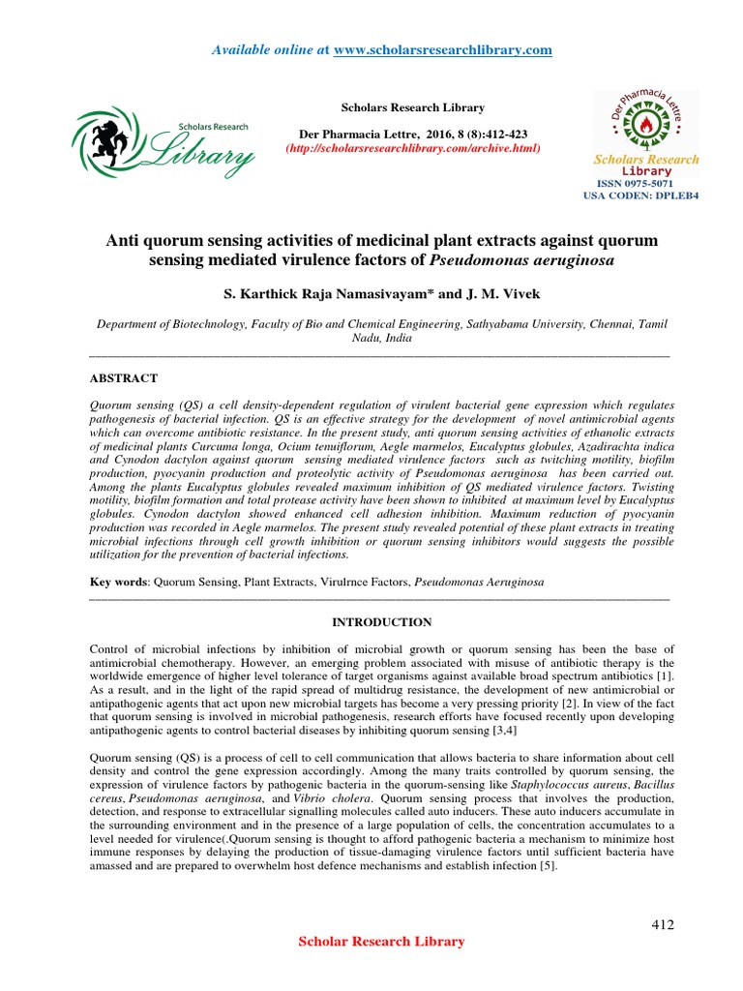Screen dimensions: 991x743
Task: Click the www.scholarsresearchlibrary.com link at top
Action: (442, 49)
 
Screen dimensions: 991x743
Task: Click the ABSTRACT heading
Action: (123, 377)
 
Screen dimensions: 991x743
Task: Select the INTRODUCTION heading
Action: (382, 622)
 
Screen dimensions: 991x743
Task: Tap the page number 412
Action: (662, 924)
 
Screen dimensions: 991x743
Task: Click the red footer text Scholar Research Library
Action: (381, 942)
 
